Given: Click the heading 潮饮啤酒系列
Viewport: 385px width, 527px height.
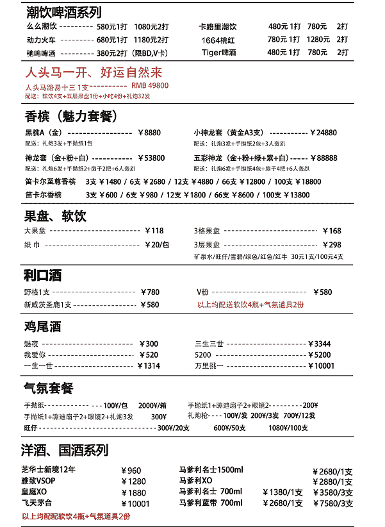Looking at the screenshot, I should coord(64,12).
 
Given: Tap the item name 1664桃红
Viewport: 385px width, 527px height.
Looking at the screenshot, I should coord(218,40).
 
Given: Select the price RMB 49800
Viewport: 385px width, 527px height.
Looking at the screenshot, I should coord(150,85).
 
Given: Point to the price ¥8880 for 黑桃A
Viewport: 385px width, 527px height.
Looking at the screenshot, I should coord(149,133).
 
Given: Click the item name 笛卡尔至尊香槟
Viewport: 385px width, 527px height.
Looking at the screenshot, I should coord(51,182).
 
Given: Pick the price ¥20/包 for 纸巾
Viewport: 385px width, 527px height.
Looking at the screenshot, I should coord(157,245).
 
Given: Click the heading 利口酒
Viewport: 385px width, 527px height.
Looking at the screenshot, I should coord(42,276).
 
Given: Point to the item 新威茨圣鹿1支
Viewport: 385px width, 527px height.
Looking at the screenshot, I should coord(47,305).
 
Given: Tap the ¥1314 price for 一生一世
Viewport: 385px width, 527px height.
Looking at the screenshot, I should coord(149,366).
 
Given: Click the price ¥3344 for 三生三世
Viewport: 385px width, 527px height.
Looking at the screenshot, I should coord(319,344).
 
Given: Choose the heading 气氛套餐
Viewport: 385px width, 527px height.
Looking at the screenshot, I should coord(49,389).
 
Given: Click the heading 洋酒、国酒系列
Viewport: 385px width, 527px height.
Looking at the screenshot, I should coord(65,450).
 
